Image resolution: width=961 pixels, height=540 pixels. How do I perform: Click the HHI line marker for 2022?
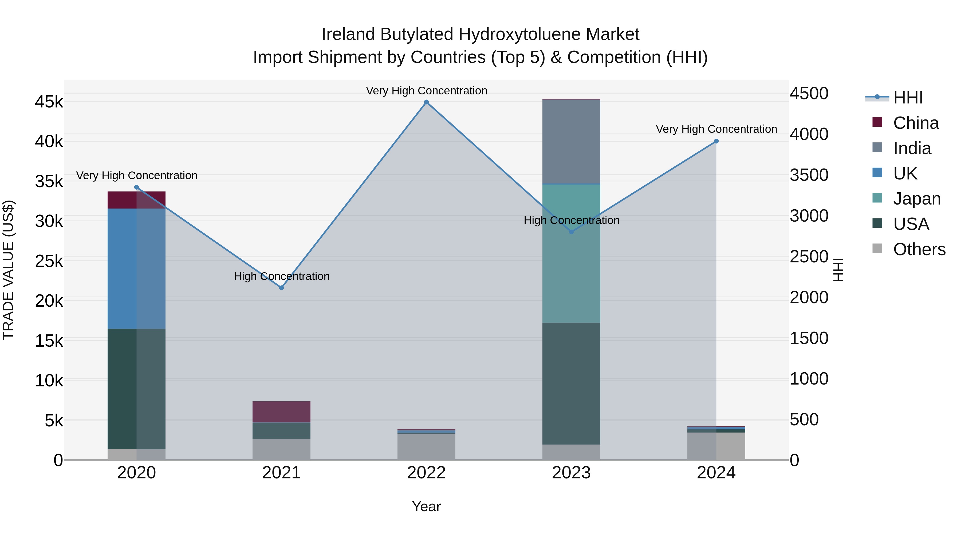point(426,102)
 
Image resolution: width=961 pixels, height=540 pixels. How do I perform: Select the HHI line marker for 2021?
point(281,288)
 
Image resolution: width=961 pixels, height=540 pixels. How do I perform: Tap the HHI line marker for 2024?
point(716,141)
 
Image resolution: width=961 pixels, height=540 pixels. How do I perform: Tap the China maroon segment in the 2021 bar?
point(281,412)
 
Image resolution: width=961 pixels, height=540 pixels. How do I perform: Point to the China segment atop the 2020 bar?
point(136,200)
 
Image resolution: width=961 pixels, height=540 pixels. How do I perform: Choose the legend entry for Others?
point(919,249)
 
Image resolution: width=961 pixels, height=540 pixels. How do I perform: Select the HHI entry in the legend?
point(907,98)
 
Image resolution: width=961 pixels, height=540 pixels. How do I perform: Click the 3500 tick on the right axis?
point(809,175)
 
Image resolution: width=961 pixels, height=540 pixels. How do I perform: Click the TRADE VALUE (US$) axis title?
point(8,270)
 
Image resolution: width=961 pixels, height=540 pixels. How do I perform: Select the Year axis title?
point(426,506)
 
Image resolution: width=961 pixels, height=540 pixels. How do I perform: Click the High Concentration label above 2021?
point(281,276)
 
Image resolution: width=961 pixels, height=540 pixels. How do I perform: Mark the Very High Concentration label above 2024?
point(716,129)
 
